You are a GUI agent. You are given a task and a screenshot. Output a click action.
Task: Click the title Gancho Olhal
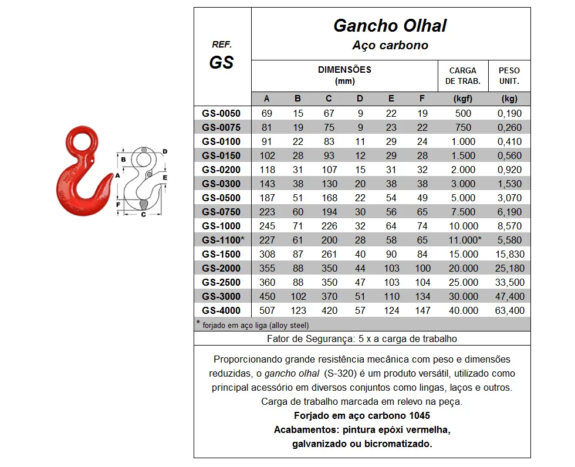click(x=390, y=26)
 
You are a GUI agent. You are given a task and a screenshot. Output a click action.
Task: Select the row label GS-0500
click(x=222, y=198)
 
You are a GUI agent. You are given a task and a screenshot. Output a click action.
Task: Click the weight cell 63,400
click(x=510, y=310)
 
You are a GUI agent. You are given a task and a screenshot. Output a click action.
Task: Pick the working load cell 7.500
click(x=463, y=212)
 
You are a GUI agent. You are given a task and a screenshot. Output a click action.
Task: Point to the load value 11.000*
click(x=464, y=240)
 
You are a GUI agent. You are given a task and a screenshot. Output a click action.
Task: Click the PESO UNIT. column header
click(x=509, y=76)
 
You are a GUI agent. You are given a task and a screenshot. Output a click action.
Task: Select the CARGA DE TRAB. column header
click(x=463, y=76)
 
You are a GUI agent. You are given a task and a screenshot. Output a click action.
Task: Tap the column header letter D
click(x=360, y=99)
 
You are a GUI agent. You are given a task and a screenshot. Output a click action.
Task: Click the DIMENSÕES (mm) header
click(x=344, y=75)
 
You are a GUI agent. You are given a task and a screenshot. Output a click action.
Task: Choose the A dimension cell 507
click(x=266, y=310)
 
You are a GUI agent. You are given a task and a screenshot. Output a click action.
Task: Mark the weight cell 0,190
click(x=510, y=113)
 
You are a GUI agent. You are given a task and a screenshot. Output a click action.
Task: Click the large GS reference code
click(x=221, y=62)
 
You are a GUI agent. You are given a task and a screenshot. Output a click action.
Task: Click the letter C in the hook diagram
click(x=143, y=215)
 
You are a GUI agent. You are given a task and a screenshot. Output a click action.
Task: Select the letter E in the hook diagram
click(x=165, y=177)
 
